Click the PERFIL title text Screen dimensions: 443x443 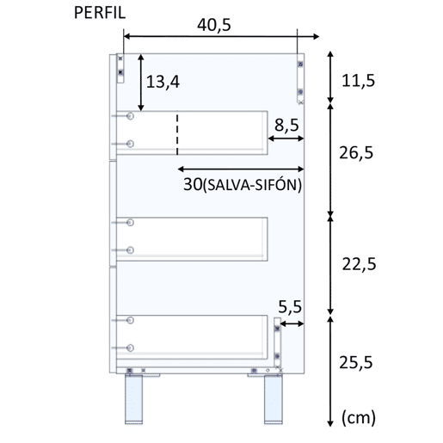(100, 13)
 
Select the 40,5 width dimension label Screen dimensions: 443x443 (214, 25)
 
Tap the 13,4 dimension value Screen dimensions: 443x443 (163, 82)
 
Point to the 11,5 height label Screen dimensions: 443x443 (358, 81)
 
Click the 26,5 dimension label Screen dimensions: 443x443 (356, 152)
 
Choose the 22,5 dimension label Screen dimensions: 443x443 (359, 264)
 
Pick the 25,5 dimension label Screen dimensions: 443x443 (356, 362)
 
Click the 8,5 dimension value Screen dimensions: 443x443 (286, 126)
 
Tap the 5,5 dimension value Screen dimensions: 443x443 (290, 307)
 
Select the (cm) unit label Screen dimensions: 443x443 (359, 418)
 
